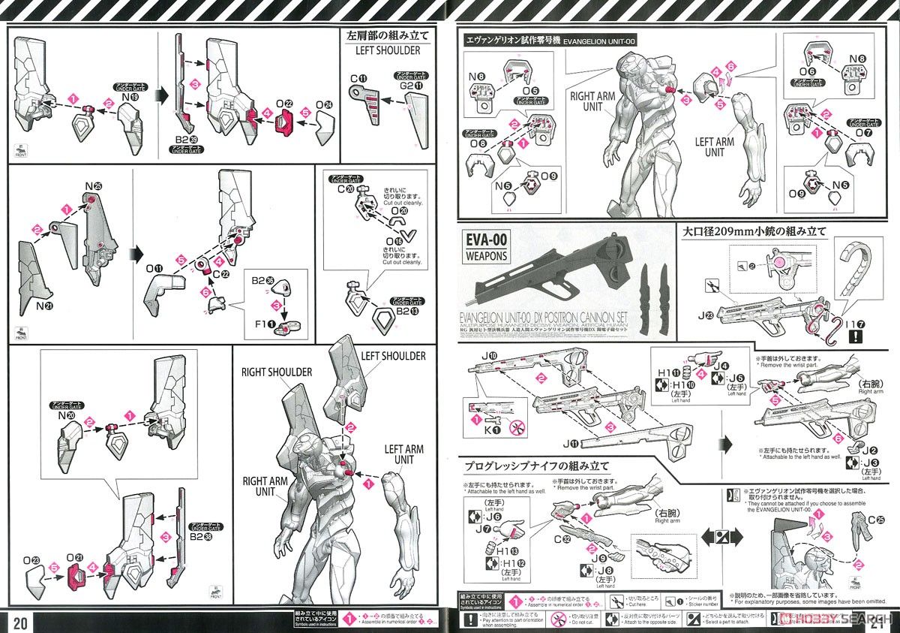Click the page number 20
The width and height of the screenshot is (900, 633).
coord(20,622)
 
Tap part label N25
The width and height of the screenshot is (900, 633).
coord(93,185)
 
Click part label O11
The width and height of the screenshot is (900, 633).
coord(154,268)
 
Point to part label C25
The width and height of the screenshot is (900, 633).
coord(875,519)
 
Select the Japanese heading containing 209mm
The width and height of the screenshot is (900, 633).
coord(753,232)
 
